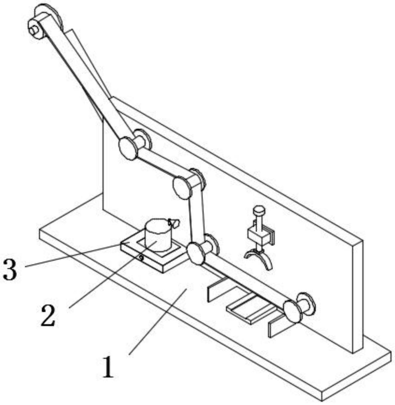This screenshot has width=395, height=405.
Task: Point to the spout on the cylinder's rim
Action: pyautogui.click(x=173, y=223)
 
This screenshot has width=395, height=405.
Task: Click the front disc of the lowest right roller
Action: pyautogui.click(x=292, y=312)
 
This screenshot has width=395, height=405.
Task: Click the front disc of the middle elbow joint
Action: pyautogui.click(x=182, y=188)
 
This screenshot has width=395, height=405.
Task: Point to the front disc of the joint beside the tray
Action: pyautogui.click(x=195, y=253)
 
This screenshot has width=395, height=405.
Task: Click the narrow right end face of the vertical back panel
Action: pyautogui.click(x=358, y=297)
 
